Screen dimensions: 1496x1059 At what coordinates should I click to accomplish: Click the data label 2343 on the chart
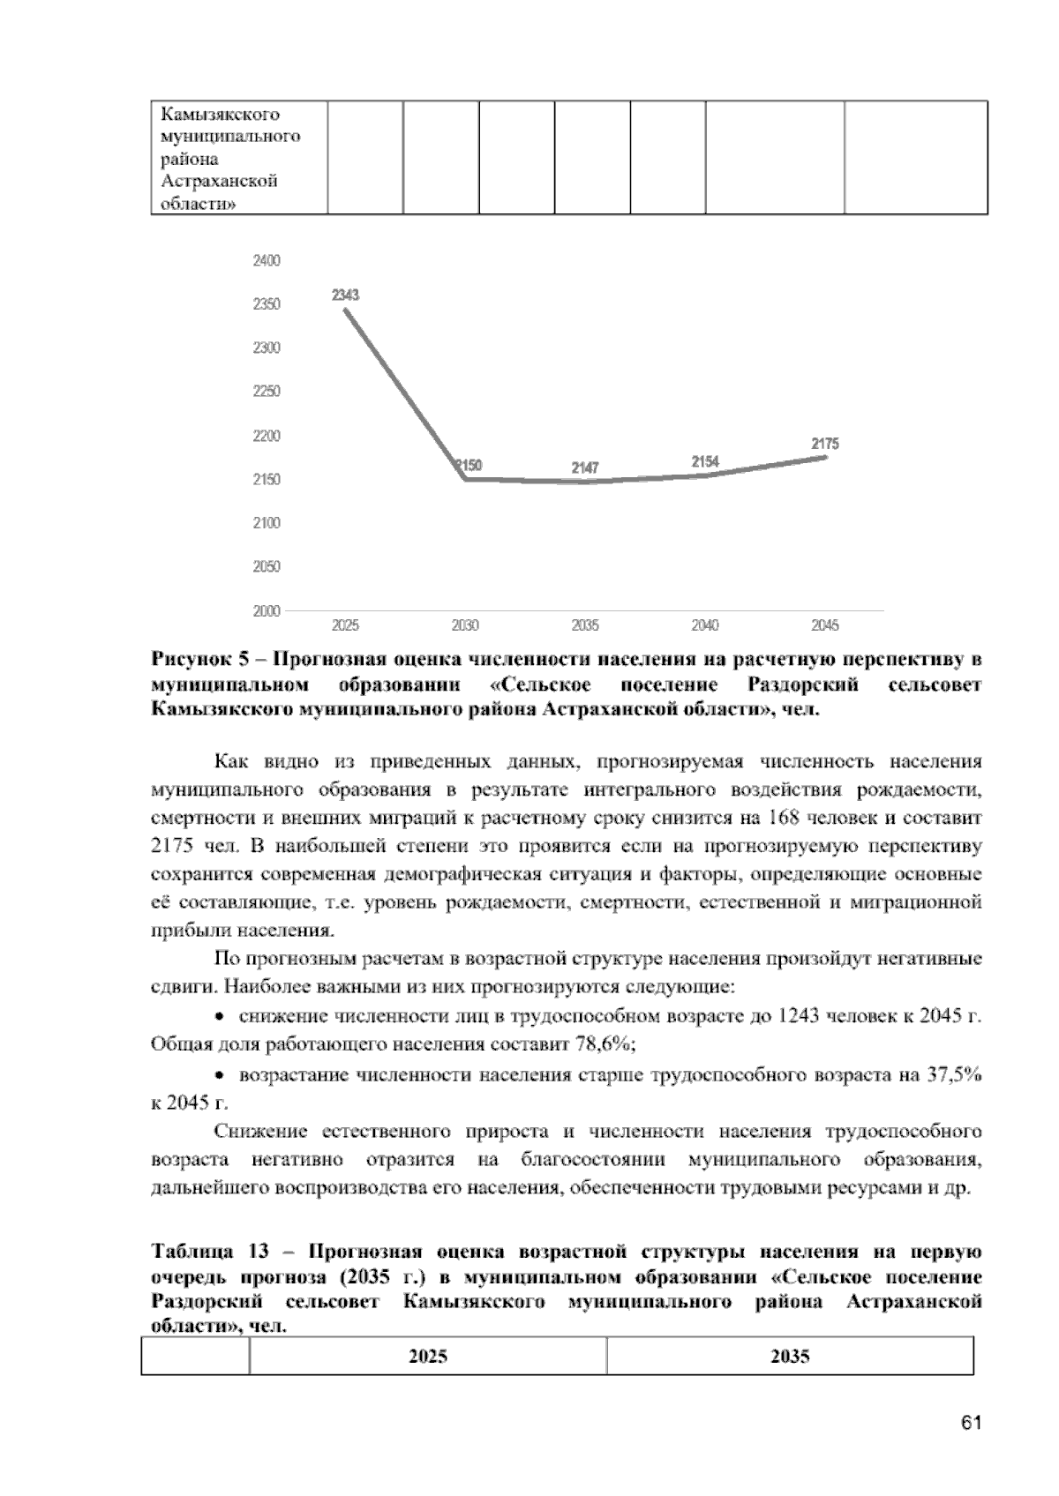coord(345,295)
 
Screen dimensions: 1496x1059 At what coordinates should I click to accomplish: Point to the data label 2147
coord(584,467)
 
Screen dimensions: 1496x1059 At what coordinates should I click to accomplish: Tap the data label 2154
coord(705,461)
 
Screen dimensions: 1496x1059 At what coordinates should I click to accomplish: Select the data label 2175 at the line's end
coord(825,445)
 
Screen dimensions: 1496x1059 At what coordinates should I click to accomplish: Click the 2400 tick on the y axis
coord(267,260)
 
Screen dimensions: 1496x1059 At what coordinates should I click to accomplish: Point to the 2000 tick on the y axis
coord(267,610)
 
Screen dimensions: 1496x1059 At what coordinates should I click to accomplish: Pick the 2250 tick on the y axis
coord(267,392)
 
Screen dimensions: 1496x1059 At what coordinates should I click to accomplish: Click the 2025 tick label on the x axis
coord(345,625)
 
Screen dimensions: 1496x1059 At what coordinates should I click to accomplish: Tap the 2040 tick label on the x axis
coord(705,625)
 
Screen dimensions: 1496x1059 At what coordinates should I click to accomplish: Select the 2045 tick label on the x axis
coord(825,625)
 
